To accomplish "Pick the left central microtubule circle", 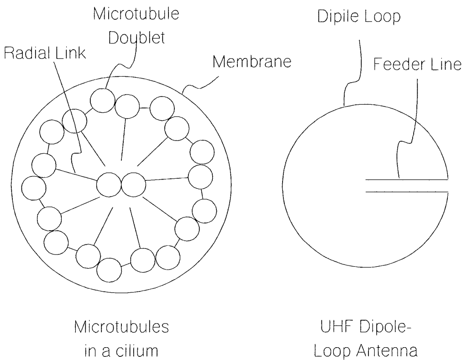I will [109, 185].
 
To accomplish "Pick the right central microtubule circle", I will [133, 185].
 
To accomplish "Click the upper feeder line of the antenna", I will [406, 180].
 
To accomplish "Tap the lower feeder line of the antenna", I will [406, 191].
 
